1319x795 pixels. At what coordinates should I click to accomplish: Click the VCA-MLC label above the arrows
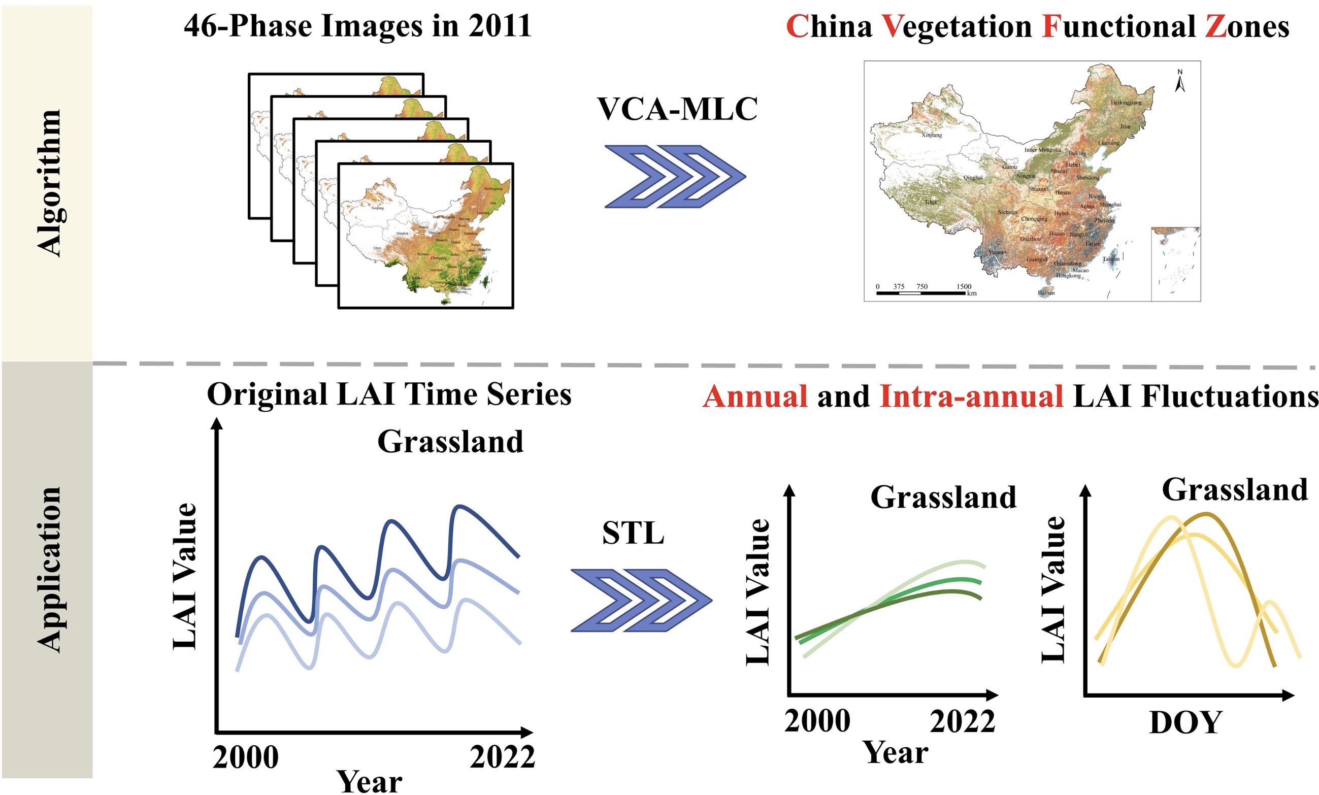click(x=677, y=109)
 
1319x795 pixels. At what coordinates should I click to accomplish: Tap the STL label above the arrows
click(x=633, y=533)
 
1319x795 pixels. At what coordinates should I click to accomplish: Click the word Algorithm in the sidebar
click(x=49, y=183)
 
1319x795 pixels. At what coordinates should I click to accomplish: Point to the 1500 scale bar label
click(x=964, y=286)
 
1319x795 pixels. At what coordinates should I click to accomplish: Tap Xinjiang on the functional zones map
click(x=932, y=135)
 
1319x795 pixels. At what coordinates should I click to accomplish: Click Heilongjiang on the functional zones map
click(x=1126, y=102)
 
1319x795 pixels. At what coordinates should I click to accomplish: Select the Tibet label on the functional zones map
click(x=931, y=203)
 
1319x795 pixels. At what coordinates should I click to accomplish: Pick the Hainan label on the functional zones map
click(x=1046, y=293)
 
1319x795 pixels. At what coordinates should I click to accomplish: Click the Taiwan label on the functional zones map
click(x=1111, y=259)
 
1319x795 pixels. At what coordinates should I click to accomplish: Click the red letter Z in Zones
click(x=1216, y=27)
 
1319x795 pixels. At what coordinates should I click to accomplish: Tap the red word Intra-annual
click(x=971, y=396)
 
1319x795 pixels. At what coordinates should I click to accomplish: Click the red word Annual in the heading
click(x=755, y=396)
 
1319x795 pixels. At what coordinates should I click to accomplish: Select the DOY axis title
click(x=1185, y=723)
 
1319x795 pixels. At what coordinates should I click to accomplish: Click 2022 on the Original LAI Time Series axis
click(x=502, y=757)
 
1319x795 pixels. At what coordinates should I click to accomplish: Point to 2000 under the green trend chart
click(x=817, y=720)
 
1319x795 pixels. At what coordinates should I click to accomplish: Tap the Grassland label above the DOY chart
click(x=1234, y=489)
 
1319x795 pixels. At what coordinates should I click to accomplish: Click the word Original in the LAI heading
click(x=267, y=394)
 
